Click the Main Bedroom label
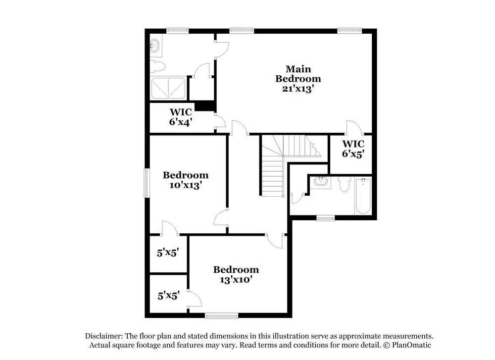[x=298, y=73]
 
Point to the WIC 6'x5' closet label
[x=353, y=149]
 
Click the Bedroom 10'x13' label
[x=186, y=180]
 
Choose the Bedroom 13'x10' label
[x=236, y=274]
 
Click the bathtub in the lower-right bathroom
[x=363, y=196]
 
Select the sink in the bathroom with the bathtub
[x=322, y=182]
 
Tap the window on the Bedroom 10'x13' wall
[x=147, y=183]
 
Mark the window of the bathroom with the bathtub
[x=325, y=217]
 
